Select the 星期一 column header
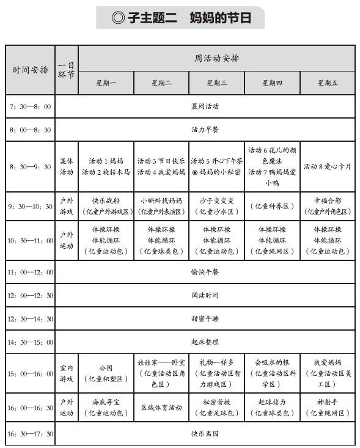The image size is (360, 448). (106, 83)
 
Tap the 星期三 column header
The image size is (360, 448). (216, 83)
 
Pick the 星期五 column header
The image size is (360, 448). (327, 83)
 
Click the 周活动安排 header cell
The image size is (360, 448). (216, 59)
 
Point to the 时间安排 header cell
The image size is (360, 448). (30, 70)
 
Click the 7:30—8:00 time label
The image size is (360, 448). (30, 106)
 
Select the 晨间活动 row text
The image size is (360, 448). (205, 106)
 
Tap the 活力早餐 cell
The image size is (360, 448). (205, 130)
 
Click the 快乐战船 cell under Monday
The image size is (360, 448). (106, 205)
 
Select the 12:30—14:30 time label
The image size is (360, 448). (30, 318)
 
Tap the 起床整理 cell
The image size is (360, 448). (205, 342)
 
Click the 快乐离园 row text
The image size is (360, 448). (205, 434)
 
